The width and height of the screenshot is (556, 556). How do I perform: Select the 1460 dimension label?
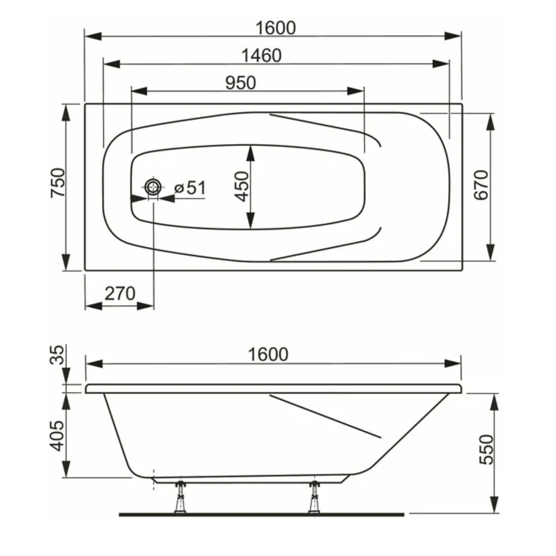(x=261, y=56)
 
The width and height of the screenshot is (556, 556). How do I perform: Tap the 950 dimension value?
(x=241, y=83)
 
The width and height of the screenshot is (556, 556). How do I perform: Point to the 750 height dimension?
(x=58, y=183)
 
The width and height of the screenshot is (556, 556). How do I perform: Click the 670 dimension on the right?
(x=481, y=185)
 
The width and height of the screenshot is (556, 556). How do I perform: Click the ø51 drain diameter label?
(x=190, y=188)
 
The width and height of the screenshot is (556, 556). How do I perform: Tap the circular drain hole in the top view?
(x=153, y=187)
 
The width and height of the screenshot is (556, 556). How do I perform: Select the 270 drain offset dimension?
(x=120, y=294)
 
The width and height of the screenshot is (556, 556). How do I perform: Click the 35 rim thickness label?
(x=57, y=355)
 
